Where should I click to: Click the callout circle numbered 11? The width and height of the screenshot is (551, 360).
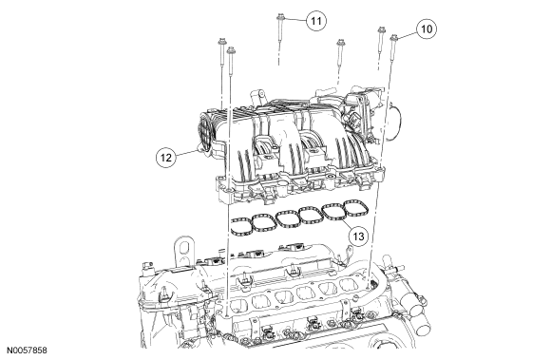[316, 21]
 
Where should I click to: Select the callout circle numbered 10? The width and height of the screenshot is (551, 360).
[427, 28]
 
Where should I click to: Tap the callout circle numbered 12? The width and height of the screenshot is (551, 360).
[166, 157]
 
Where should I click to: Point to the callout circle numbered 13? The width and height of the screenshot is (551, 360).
[358, 236]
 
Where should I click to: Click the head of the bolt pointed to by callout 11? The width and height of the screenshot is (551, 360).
[280, 16]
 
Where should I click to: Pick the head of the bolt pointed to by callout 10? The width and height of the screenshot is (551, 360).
[394, 37]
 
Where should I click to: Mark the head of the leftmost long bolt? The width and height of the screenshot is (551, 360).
[221, 41]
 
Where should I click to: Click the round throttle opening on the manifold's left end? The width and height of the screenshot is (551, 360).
[204, 131]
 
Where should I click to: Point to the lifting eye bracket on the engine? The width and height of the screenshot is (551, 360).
[183, 250]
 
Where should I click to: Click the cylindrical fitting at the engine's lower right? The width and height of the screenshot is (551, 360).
[418, 323]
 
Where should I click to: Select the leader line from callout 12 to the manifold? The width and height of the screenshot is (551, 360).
[186, 153]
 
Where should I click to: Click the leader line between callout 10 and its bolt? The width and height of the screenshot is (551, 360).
[408, 33]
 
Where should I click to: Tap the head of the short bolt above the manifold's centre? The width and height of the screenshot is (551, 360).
[340, 42]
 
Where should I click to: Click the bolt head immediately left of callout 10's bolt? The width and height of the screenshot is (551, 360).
[381, 29]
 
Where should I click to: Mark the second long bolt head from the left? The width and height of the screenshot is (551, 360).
[231, 50]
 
